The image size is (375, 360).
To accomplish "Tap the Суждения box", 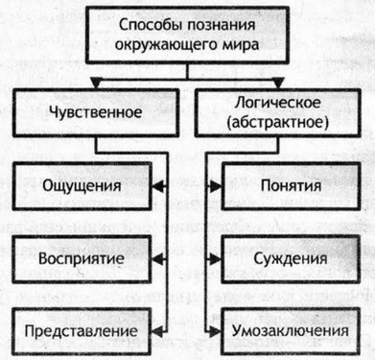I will (x=289, y=258).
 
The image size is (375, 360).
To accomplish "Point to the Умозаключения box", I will (x=289, y=331).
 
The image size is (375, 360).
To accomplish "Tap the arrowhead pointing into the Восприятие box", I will (x=159, y=258).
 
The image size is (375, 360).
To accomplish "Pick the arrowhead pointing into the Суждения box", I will (x=215, y=258).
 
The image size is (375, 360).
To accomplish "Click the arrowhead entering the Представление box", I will (x=159, y=331).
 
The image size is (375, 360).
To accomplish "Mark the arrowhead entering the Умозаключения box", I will (x=215, y=331).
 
